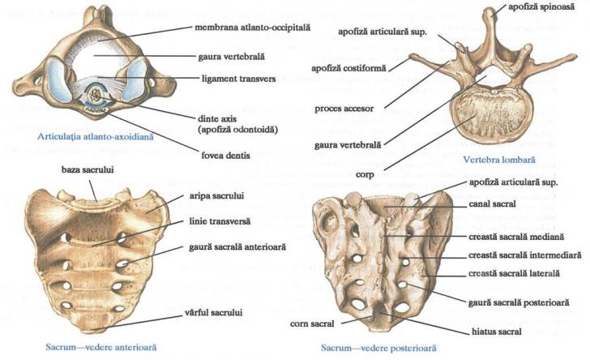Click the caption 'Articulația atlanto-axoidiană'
click(x=87, y=137)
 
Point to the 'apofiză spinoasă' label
click(x=546, y=6)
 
